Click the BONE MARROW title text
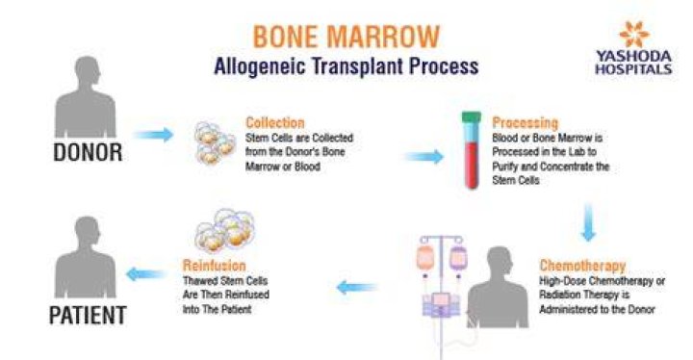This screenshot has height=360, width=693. pos(346,37)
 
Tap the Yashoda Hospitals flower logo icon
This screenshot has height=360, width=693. pos(634,34)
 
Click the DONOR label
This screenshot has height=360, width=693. pos(88,153)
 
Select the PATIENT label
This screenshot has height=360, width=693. pos(88,316)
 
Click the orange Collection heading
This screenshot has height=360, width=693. pos(275,122)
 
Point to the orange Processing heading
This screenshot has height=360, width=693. pos(526,122)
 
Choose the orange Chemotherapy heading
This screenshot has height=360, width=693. pos(582,266)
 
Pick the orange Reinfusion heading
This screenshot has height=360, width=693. pos(215,266)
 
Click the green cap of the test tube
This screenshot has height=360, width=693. pos(471,117)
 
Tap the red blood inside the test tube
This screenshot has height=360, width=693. pos(471,165)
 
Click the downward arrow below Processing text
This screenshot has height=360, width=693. pos(588,222)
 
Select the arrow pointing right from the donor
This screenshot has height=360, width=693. pos(154,135)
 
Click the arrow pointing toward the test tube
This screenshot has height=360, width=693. pos(424,157)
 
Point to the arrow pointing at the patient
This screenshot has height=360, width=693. pos(146,274)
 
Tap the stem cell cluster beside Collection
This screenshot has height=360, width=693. pos(215,142)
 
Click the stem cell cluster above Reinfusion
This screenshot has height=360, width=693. pos(225,231)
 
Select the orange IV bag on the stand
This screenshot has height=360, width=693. pos(425,258)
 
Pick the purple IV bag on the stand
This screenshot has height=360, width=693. pos(458,258)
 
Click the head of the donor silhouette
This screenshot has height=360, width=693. pos(87,71)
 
